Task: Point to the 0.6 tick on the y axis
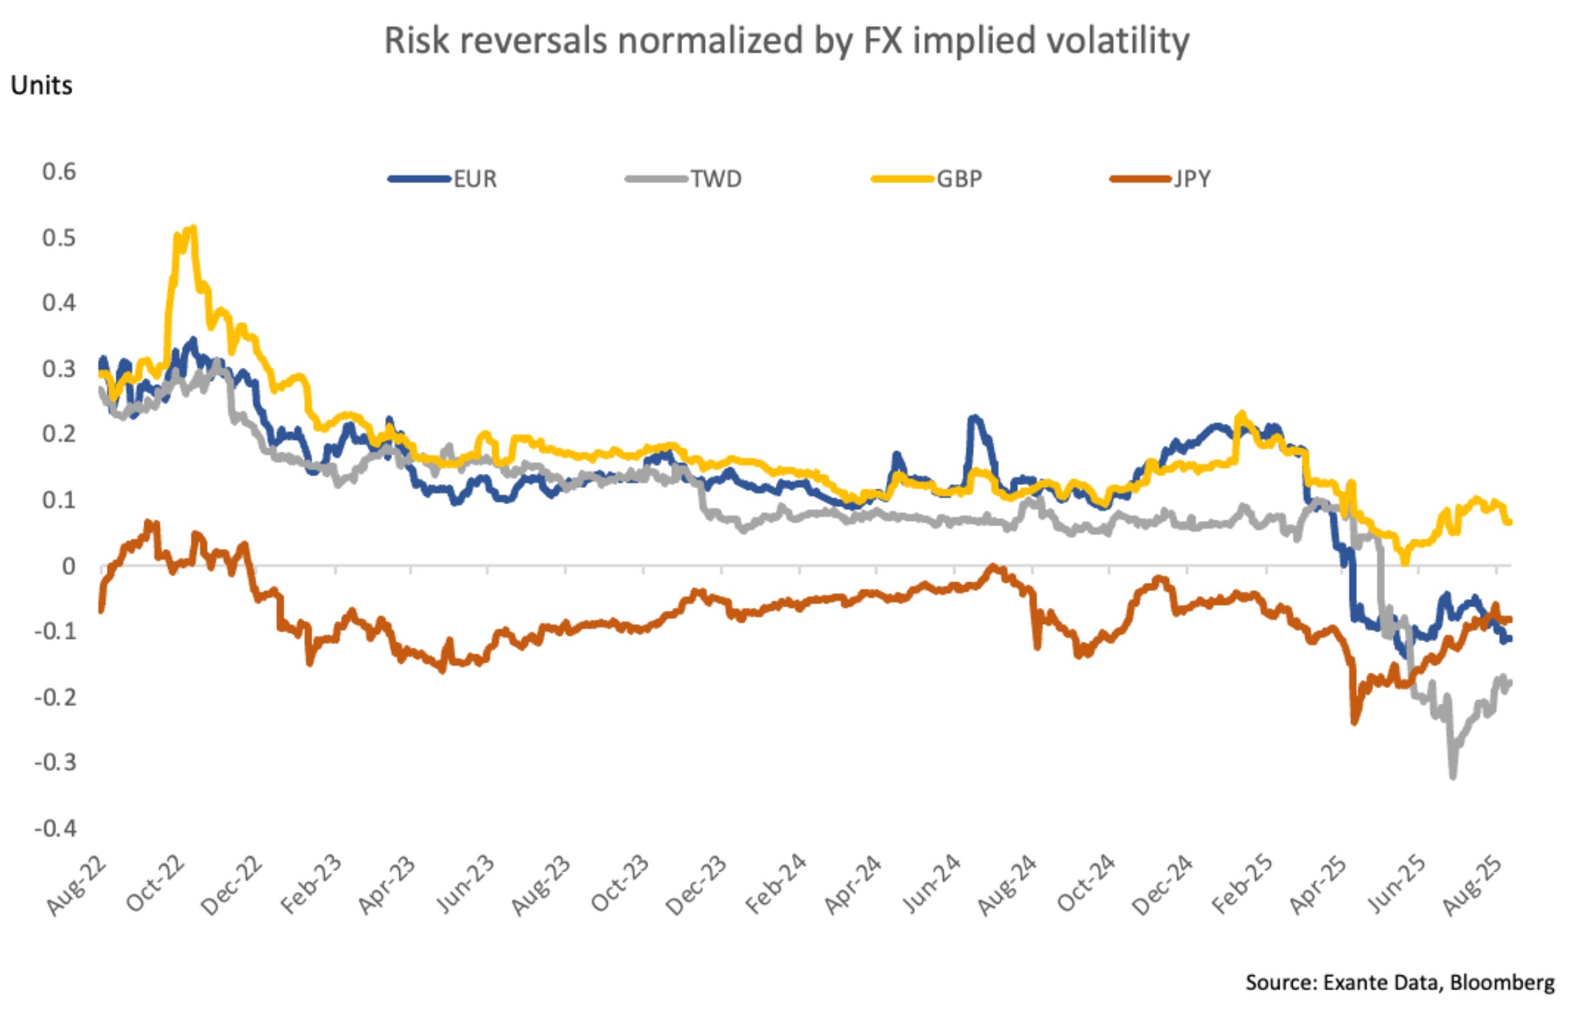59,172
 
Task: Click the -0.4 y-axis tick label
56,829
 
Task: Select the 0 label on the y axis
68,567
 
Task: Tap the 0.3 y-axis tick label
59,369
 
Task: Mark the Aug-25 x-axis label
1472,885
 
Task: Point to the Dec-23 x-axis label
696,885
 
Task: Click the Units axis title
41,86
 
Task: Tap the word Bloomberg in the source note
1502,982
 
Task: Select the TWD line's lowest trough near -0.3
1453,776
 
